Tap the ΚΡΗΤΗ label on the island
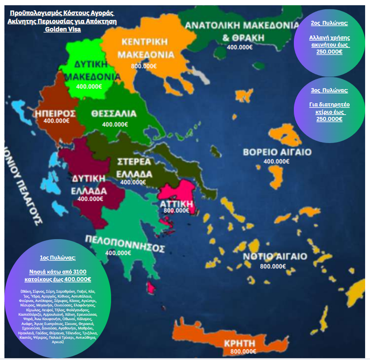pos(240,343)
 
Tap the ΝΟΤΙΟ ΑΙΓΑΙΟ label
pos(274,257)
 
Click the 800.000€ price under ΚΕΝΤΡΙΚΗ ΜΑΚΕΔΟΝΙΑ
pos(144,66)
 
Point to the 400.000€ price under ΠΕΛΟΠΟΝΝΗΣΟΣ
pos(118,252)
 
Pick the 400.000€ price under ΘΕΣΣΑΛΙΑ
pos(115,124)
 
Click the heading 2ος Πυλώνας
pos(329,23)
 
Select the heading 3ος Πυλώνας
pos(329,90)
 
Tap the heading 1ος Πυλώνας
pos(58,258)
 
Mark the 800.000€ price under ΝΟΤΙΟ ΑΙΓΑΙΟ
pos(273,266)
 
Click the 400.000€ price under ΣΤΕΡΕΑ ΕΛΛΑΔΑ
pos(133,182)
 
